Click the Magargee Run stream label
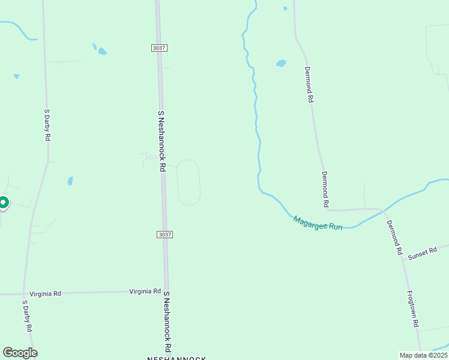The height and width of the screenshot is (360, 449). tap(318, 223)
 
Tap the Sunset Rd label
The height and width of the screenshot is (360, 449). tap(422, 254)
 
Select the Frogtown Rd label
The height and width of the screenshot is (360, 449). tap(412, 309)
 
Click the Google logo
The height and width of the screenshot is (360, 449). tap(20, 352)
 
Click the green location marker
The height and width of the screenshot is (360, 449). tap(3, 203)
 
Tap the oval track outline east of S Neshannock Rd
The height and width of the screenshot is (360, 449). tap(188, 182)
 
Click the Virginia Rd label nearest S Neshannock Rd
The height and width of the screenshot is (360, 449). tap(145, 292)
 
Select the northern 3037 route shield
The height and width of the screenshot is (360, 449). tap(159, 48)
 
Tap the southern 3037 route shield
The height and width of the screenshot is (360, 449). tap(164, 234)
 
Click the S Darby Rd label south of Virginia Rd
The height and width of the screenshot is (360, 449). tap(27, 316)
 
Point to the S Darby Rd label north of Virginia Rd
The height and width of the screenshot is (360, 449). tap(47, 125)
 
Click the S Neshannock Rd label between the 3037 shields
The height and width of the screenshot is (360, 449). tap(161, 141)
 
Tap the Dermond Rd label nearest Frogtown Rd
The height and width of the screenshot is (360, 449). tap(394, 238)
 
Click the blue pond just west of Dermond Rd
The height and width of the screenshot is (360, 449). tap(280, 63)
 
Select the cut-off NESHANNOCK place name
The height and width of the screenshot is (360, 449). tap(177, 358)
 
